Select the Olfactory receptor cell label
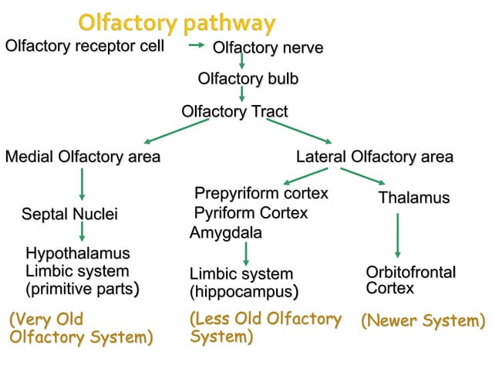[85, 46]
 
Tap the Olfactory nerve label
[268, 49]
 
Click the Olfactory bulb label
[248, 79]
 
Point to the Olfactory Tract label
[234, 112]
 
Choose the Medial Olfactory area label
[83, 157]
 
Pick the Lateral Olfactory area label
[375, 157]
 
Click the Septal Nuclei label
[69, 213]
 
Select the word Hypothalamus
[77, 254]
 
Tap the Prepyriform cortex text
[261, 193]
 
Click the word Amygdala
[225, 233]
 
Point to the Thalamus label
[413, 198]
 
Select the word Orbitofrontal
[411, 273]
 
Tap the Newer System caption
[423, 320]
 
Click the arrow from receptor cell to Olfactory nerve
[197, 46]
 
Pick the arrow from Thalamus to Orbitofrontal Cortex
[398, 235]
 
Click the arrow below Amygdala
[245, 253]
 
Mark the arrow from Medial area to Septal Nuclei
[82, 185]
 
